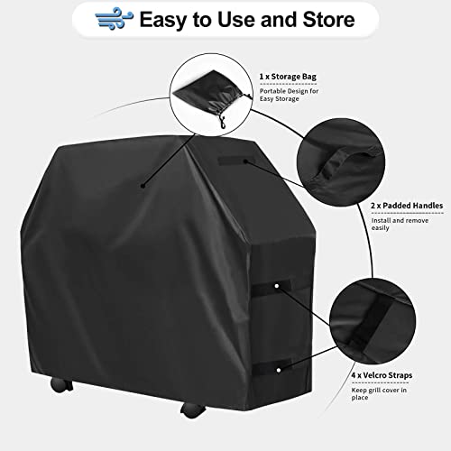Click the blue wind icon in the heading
115,19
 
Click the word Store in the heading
328,20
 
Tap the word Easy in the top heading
164,21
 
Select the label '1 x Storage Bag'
288,77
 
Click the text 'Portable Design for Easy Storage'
289,95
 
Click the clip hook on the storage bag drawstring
223,124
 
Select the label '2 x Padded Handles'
407,206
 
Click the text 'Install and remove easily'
400,224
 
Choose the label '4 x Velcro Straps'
382,375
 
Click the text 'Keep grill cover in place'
379,393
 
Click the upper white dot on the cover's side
277,286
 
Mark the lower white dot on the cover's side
279,370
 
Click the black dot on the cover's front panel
143,186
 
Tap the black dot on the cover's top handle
245,161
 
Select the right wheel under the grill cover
193,410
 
